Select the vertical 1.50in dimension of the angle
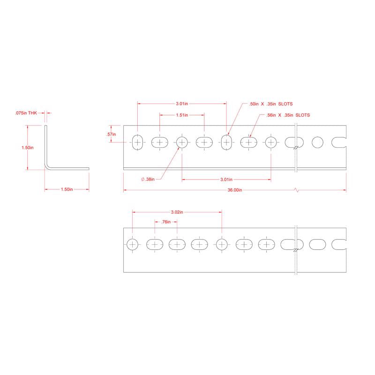(x=27, y=147)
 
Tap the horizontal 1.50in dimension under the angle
(x=67, y=189)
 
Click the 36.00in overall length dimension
(x=234, y=190)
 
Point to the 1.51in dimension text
(x=182, y=115)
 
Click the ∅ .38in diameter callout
(x=150, y=179)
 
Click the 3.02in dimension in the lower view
(x=176, y=212)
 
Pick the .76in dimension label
(x=165, y=222)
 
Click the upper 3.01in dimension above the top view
(x=182, y=104)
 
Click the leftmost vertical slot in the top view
(x=137, y=142)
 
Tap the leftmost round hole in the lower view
(x=133, y=244)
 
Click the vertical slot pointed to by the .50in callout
(x=226, y=142)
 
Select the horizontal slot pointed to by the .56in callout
(x=248, y=142)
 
